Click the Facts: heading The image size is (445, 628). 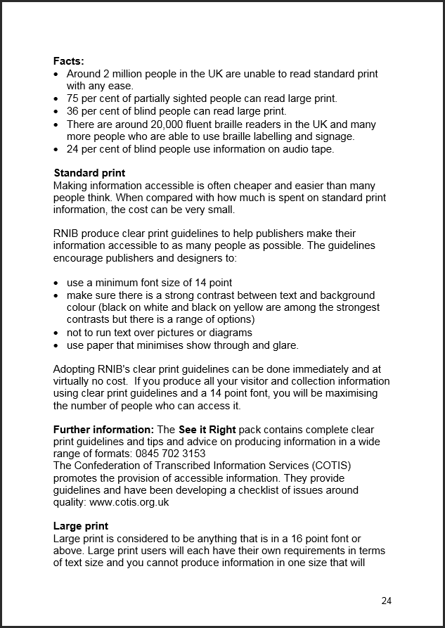coord(68,61)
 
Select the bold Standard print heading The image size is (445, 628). coord(89,173)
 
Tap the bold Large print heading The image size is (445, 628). coord(81,526)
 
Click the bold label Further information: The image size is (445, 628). coord(103,430)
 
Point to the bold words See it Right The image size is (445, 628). coord(207,430)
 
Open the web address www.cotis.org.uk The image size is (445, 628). coord(129,502)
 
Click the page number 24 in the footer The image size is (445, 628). coord(386,600)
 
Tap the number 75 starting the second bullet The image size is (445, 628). coord(72,98)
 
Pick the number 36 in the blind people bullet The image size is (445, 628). coord(72,111)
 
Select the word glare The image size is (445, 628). coord(284,345)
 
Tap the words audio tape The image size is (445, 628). coord(311,149)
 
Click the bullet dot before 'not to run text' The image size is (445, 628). coord(56,333)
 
